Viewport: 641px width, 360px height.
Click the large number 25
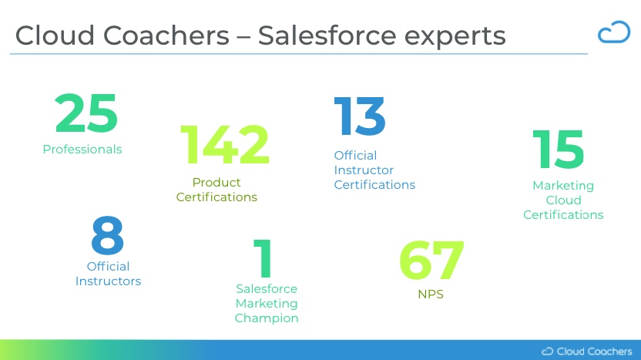coord(86,113)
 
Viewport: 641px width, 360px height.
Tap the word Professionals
coord(82,150)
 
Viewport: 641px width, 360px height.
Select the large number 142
coord(225,145)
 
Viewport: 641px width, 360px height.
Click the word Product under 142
coord(216,182)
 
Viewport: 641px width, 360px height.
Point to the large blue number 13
coord(360,116)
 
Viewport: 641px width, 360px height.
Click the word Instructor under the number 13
coord(364,170)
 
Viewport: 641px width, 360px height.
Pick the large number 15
coord(559,150)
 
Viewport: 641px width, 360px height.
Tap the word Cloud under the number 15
coord(563,200)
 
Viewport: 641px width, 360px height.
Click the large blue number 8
coord(108,235)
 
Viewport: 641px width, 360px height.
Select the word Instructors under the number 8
coord(108,281)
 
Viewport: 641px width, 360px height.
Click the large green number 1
coord(263,258)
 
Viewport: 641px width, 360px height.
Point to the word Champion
coord(267,318)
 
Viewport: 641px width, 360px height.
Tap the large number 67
coord(431,261)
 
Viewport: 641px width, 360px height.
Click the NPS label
coord(431,294)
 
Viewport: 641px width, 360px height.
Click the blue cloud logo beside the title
coord(613,32)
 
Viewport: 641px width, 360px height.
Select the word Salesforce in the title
coord(327,35)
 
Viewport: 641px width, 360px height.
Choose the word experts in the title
coord(455,37)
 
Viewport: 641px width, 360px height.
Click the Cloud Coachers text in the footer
coord(594,352)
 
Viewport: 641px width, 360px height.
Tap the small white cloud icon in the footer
coord(547,352)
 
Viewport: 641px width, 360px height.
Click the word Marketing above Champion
coord(267,304)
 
